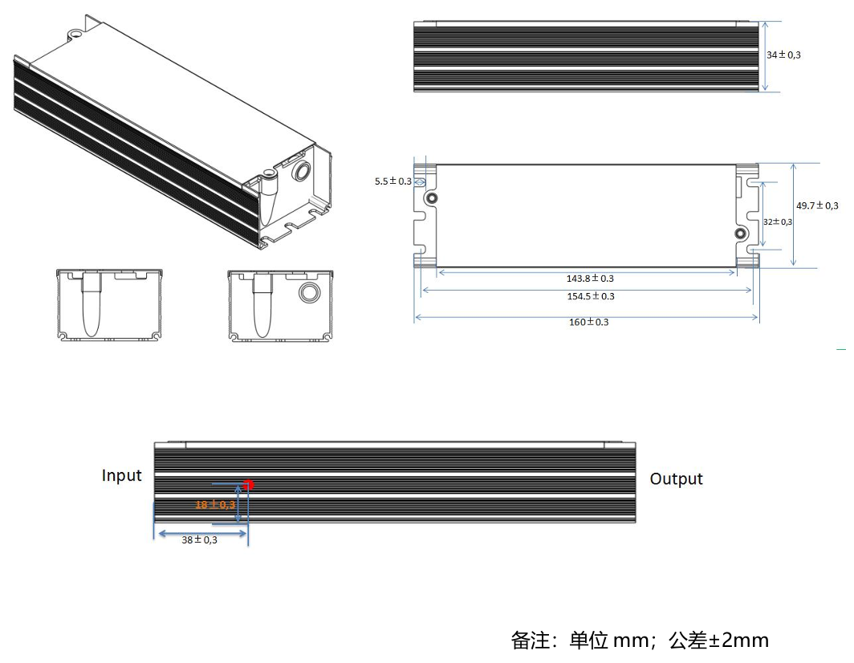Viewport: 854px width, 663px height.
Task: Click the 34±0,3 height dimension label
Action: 783,55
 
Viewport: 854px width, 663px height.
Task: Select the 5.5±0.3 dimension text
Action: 392,181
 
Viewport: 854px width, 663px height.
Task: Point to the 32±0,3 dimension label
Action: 777,222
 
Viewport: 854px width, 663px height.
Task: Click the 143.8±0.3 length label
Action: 590,279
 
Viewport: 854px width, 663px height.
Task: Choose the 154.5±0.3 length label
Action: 590,296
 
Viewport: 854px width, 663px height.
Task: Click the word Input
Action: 121,476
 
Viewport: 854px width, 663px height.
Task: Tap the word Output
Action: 676,479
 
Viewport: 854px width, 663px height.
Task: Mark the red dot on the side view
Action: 248,485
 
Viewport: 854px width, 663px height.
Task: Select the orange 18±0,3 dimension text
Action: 215,505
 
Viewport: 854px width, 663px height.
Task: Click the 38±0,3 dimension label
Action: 199,540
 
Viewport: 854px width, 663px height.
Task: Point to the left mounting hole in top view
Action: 432,198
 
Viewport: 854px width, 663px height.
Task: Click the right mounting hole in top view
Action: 740,234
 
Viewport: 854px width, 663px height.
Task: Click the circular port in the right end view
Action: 308,293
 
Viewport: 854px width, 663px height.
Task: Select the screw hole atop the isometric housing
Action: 75,35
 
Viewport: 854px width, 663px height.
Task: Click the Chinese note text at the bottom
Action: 640,641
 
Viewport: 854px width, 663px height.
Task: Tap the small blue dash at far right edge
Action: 840,349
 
